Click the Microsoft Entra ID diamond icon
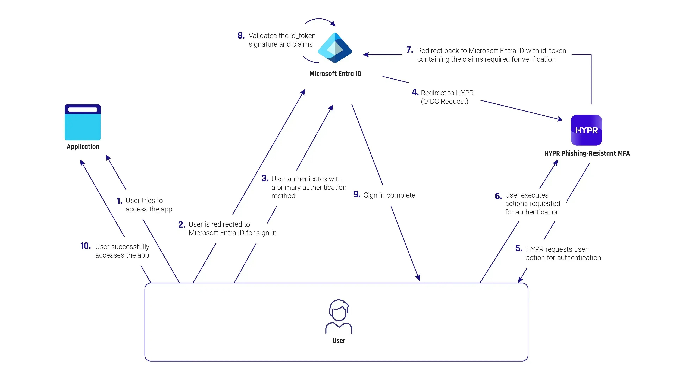pos(335,48)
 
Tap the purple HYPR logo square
pos(586,130)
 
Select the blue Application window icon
pos(83,122)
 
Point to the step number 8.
pos(241,36)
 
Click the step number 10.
pos(86,246)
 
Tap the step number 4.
pos(415,92)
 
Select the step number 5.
pos(519,248)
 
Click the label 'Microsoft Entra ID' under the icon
pos(335,74)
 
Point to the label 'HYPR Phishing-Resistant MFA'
pos(587,153)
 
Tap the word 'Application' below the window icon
pos(83,147)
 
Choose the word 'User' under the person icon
pos(339,341)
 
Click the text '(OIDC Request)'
pos(445,102)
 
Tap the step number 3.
pos(265,179)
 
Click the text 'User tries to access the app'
pos(149,205)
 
